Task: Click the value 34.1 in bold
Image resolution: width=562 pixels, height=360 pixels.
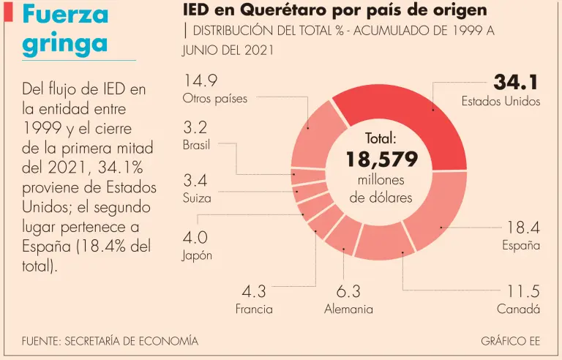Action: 517,82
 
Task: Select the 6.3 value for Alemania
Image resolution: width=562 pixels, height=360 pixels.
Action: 348,290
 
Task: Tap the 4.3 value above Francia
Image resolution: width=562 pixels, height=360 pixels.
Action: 253,290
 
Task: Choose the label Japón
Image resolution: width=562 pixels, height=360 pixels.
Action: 197,255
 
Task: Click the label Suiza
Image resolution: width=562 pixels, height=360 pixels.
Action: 197,198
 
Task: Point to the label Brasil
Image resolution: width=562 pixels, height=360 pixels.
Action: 196,144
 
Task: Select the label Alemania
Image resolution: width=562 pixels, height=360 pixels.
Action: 348,309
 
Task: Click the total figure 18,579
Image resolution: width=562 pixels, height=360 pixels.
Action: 381,159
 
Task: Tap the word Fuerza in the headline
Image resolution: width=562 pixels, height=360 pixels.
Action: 65,15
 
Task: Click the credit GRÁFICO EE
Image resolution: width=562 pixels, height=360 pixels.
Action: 511,341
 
